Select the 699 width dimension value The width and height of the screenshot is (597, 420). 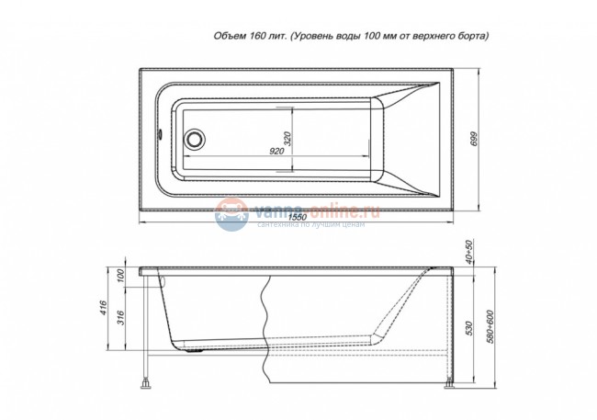coord(475,139)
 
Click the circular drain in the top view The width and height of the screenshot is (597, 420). coord(194,141)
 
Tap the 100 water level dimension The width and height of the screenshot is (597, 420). coord(120,277)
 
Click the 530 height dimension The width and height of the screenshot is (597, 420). coord(468,329)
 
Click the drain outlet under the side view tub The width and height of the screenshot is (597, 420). coord(196,349)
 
